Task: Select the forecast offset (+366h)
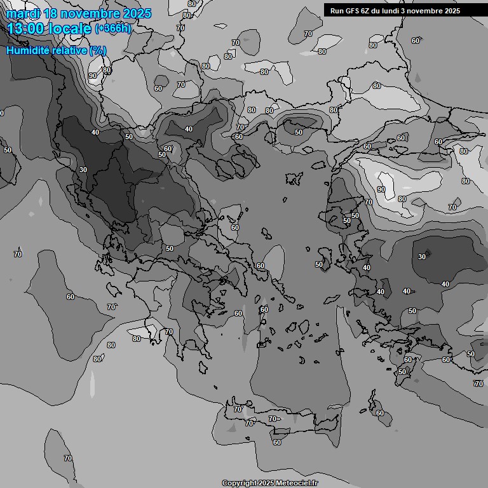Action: click(x=112, y=29)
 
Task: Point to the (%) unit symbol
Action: click(x=98, y=50)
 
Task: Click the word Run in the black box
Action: click(x=337, y=11)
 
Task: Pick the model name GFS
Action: click(x=355, y=11)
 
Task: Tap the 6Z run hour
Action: click(x=370, y=11)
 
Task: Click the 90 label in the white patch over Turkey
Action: click(x=381, y=189)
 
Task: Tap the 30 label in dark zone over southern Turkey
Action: click(x=422, y=257)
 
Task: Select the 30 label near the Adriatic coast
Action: click(x=83, y=170)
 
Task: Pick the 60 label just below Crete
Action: click(x=276, y=442)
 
